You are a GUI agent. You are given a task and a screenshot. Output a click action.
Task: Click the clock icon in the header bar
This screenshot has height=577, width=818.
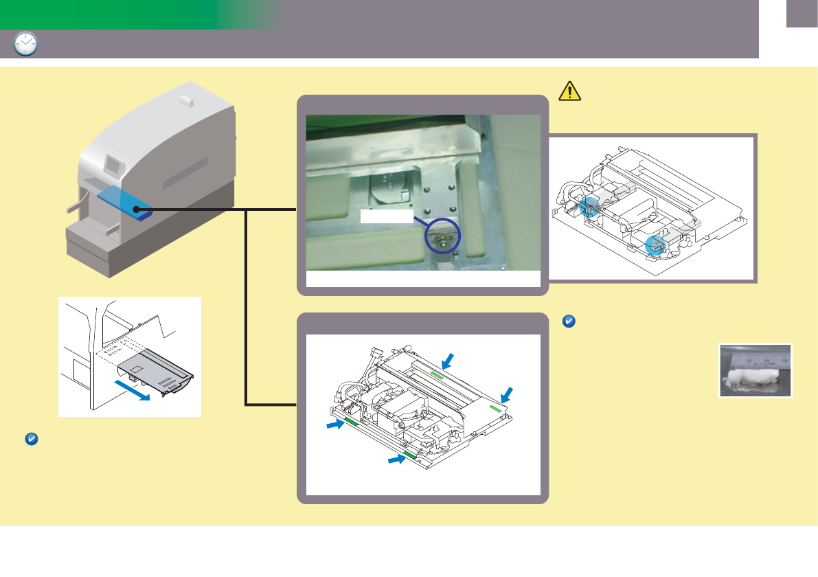click(25, 44)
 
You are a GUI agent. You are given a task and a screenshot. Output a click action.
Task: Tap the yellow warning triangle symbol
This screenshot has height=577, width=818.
click(569, 91)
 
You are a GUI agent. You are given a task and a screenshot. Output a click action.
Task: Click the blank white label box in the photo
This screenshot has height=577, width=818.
click(387, 216)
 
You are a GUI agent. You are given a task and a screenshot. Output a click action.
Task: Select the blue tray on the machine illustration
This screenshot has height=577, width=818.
click(124, 203)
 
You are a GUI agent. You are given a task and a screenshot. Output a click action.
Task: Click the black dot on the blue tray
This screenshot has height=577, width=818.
click(137, 207)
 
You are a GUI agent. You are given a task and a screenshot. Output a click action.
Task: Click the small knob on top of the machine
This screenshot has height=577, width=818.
click(185, 100)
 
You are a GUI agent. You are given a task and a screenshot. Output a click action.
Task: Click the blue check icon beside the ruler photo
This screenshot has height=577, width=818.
click(568, 321)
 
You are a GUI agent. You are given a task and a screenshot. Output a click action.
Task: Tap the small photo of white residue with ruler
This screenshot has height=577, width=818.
click(755, 370)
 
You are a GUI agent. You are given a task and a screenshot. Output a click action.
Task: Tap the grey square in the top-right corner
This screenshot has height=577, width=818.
click(802, 14)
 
